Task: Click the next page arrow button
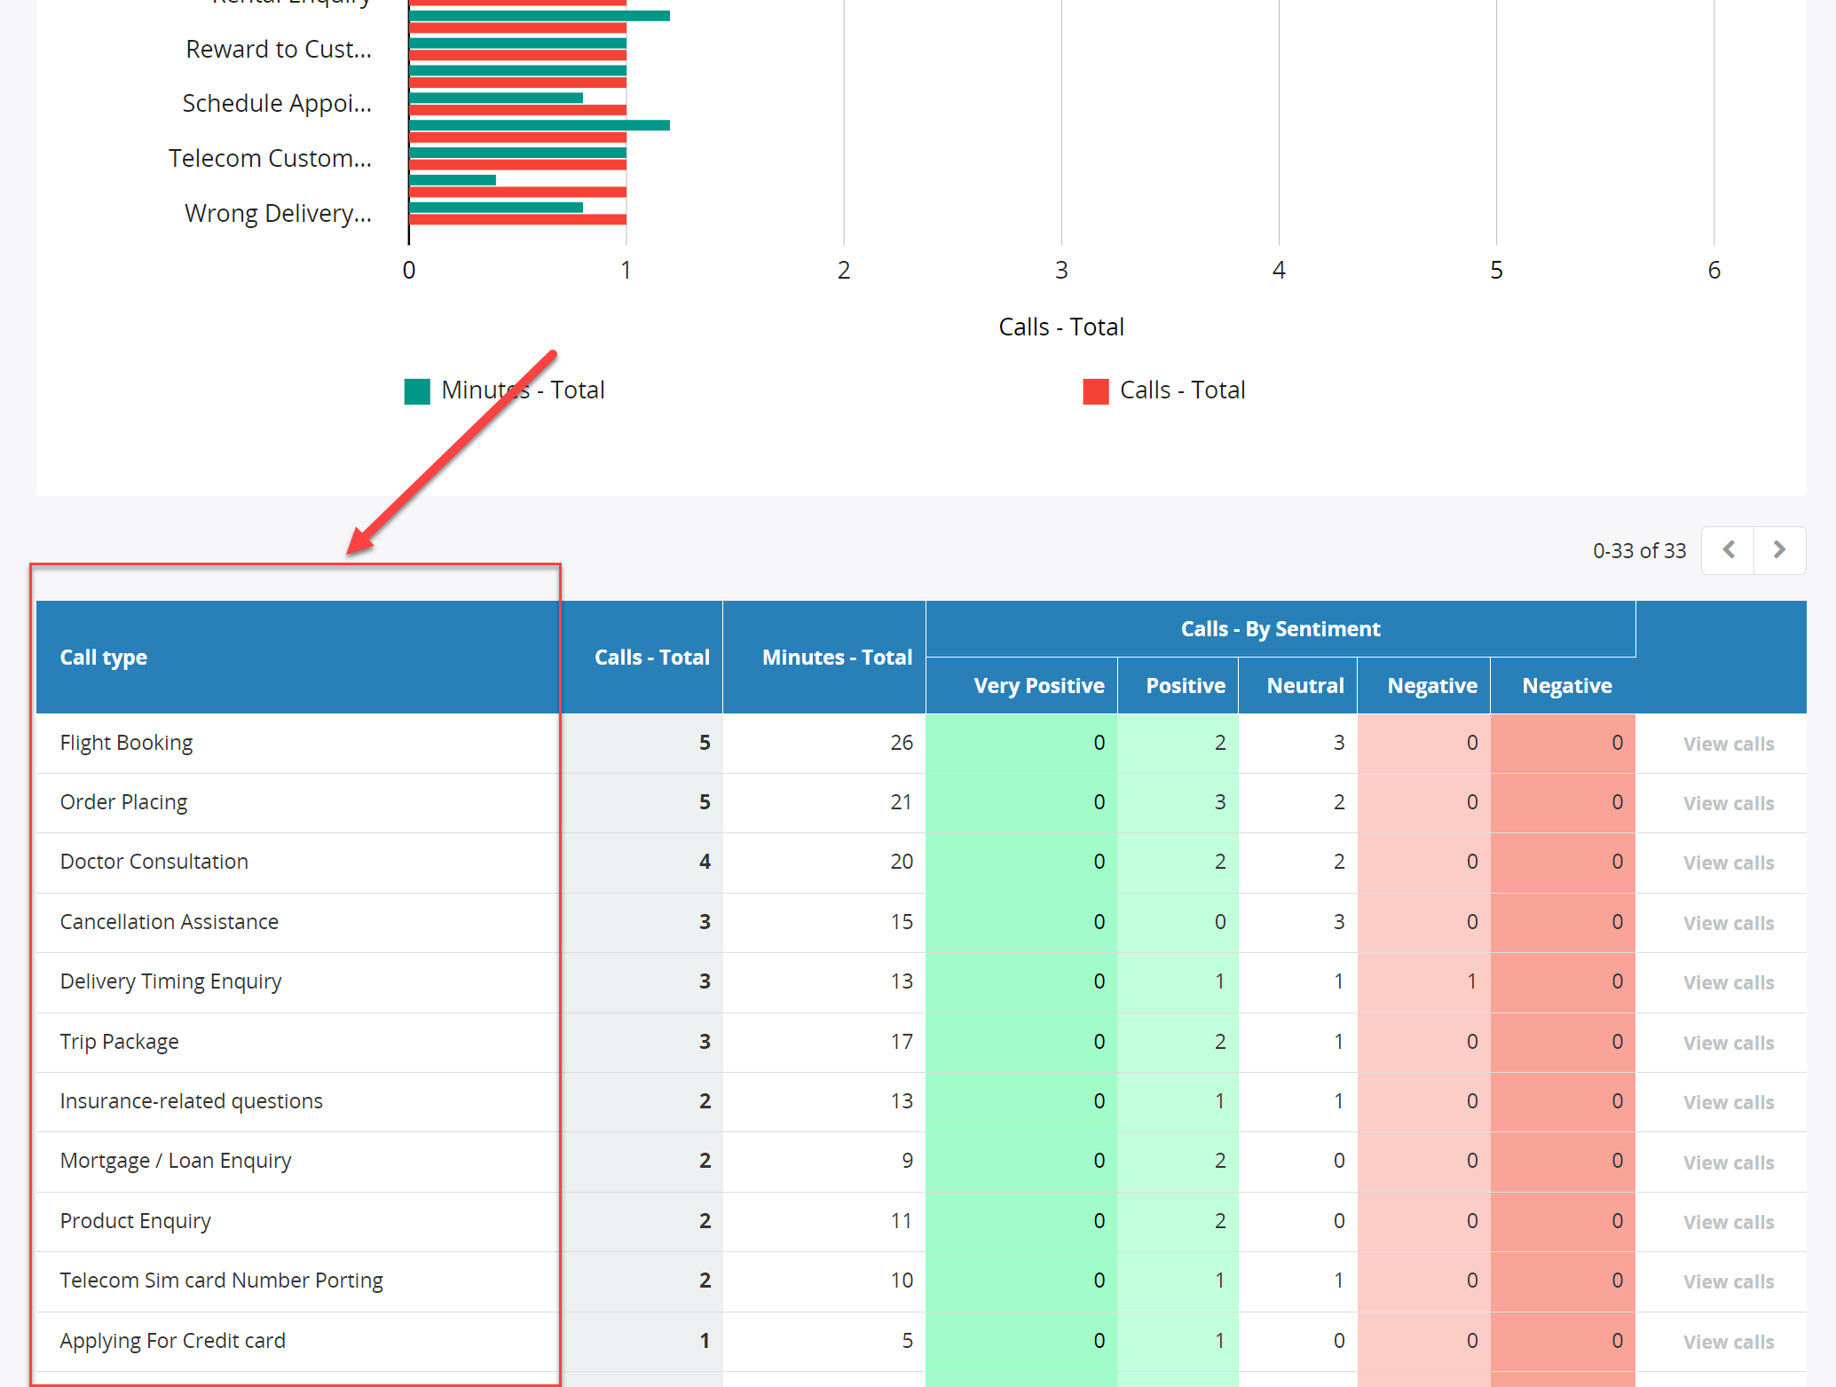pos(1779,550)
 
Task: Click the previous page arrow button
pos(1729,550)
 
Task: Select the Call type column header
pos(104,658)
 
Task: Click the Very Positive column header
pos(1039,686)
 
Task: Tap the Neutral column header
pos(1305,686)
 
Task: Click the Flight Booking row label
pos(126,743)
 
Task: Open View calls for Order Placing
pos(1729,803)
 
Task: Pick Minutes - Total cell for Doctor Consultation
pos(902,862)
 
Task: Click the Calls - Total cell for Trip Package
pos(705,1042)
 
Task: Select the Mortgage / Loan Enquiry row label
pos(176,1161)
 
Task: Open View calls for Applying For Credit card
pos(1729,1342)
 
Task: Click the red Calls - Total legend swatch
pos(1096,391)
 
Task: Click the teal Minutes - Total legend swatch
pos(417,391)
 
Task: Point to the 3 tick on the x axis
pos(1061,270)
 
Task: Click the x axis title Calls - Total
pos(1061,327)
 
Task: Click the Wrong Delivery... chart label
pos(278,214)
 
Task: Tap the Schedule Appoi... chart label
pos(277,104)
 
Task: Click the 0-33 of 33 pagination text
pos(1639,551)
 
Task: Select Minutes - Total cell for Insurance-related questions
pos(902,1101)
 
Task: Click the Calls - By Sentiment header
pos(1280,629)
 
